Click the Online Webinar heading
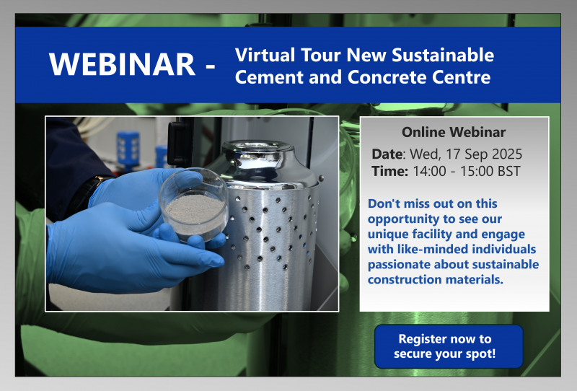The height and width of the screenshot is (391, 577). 454,132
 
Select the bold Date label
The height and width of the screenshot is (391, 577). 388,154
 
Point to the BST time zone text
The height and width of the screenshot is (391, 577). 509,171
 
